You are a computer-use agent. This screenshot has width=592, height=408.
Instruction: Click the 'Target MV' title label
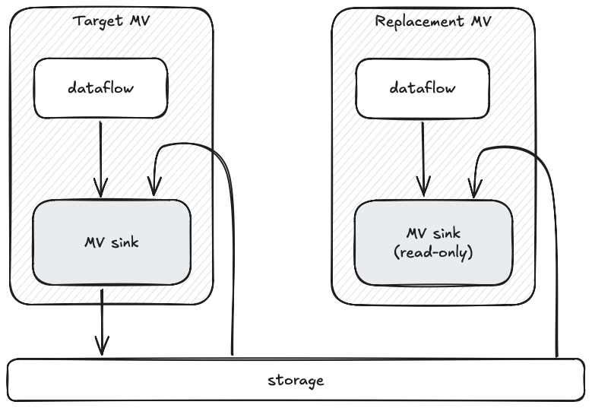click(111, 20)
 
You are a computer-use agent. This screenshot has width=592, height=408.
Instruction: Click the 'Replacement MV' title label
click(433, 20)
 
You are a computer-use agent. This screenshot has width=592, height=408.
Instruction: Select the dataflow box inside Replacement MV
click(423, 89)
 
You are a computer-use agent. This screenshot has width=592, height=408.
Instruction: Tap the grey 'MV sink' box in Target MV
click(111, 242)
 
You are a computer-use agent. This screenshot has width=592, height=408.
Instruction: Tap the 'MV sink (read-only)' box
click(433, 243)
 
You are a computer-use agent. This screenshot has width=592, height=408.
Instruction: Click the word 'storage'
click(296, 380)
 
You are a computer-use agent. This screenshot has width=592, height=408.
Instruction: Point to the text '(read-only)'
click(434, 253)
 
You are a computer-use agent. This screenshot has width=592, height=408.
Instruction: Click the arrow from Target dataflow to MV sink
click(100, 156)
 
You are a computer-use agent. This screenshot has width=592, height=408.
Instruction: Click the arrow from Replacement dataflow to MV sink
click(423, 156)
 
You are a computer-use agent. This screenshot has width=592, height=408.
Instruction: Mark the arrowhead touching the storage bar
click(101, 348)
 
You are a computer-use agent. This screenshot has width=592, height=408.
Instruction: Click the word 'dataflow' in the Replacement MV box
click(423, 89)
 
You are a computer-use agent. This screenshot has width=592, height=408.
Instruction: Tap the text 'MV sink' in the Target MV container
click(111, 242)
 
